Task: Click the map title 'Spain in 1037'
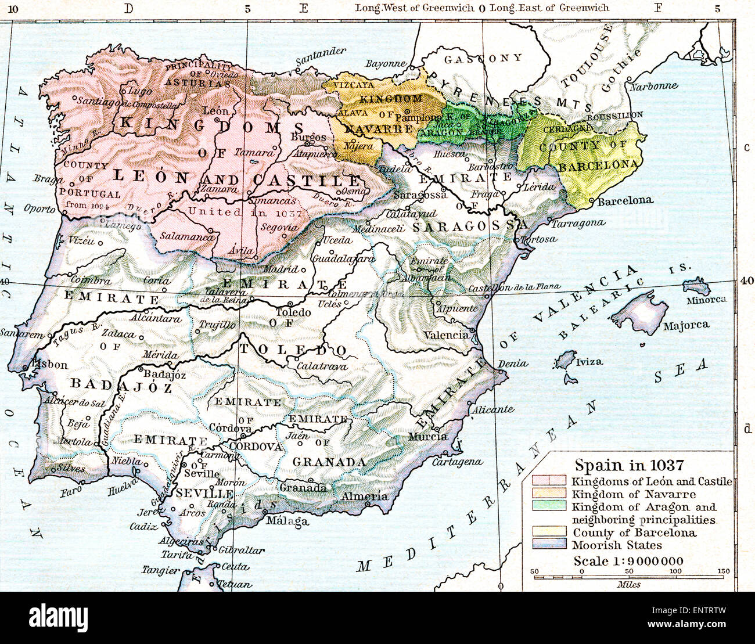[x=629, y=465]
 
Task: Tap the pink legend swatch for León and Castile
[x=549, y=481]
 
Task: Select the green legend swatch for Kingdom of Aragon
[x=549, y=506]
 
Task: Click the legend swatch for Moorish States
[x=549, y=545]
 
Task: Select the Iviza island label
[x=589, y=361]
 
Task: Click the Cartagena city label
[x=457, y=462]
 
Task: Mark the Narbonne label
[x=653, y=85]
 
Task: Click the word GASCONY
[x=483, y=59]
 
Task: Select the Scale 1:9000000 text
[x=628, y=561]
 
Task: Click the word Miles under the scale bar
[x=629, y=584]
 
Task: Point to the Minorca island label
[x=706, y=300]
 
